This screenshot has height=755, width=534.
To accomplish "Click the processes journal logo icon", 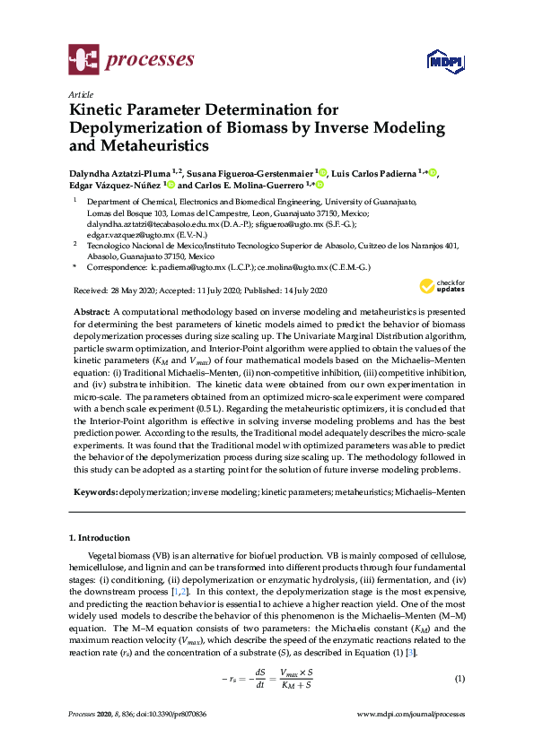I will [83, 61].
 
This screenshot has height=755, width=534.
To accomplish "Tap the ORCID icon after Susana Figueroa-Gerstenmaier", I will [322, 172].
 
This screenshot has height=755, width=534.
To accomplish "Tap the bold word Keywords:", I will [94, 493].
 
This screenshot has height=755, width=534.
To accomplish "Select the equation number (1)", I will [460, 678].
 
